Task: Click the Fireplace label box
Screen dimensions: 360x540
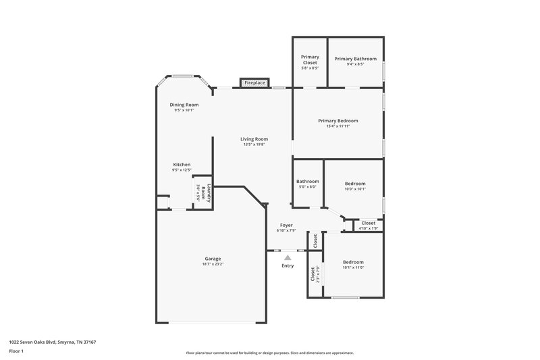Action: click(254, 82)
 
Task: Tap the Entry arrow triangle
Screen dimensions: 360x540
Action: click(288, 257)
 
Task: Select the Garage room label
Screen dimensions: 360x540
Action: click(213, 259)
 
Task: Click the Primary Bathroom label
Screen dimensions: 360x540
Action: click(355, 59)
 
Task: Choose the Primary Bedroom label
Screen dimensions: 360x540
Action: click(338, 121)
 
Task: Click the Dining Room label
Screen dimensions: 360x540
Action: click(184, 105)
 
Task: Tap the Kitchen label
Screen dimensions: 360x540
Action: click(182, 165)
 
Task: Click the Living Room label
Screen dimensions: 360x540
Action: click(254, 139)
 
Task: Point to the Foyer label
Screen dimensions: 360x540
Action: click(287, 224)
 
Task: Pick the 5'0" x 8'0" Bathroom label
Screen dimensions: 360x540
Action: click(307, 181)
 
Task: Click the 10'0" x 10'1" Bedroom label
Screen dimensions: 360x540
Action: click(355, 184)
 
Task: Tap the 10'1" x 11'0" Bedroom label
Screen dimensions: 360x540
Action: click(353, 262)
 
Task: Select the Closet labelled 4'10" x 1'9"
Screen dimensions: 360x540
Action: click(369, 223)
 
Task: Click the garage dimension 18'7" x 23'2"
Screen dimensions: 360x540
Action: click(213, 265)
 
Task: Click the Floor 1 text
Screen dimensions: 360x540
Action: click(16, 352)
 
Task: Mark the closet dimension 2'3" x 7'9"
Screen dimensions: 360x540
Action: click(318, 274)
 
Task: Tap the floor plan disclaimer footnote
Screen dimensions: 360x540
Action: click(269, 353)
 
